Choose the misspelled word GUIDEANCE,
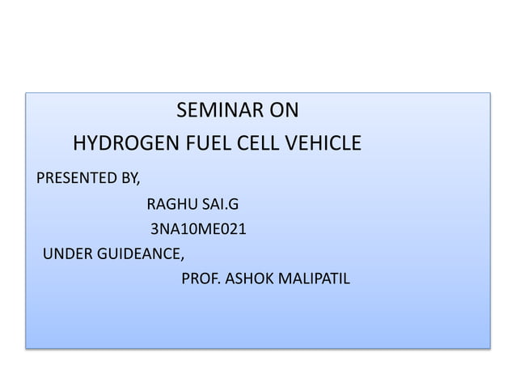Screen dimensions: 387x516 coord(141,255)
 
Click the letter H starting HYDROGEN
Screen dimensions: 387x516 coord(80,145)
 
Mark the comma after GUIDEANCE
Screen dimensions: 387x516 coord(183,259)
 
